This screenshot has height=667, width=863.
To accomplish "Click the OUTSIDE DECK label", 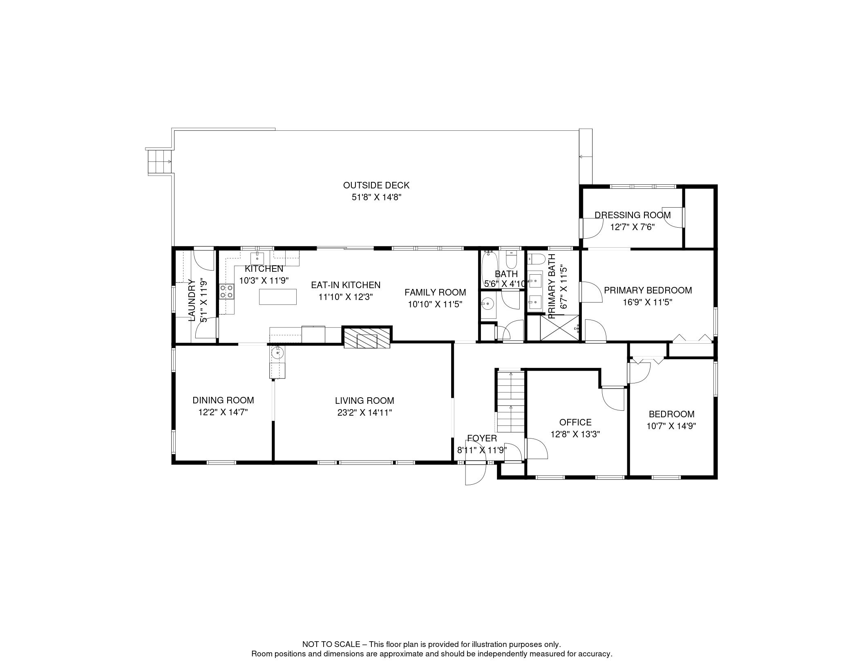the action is (376, 185).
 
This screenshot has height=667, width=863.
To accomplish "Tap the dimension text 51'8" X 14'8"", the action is (376, 197).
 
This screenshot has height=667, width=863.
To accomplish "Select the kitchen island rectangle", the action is (278, 296).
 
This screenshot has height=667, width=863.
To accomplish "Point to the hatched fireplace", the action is (367, 339).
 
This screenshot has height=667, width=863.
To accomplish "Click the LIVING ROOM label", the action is (364, 401).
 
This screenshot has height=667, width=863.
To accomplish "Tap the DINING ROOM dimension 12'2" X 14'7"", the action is (223, 412).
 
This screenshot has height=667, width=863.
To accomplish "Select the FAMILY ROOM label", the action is (435, 292).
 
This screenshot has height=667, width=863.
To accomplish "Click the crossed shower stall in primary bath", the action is (559, 327).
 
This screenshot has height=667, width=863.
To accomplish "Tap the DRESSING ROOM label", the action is (633, 215).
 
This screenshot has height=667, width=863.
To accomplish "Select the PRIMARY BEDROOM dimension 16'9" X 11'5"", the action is (648, 302).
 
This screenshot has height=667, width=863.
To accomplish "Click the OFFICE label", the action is (575, 422).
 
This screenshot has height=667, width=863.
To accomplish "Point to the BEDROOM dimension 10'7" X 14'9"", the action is (671, 426).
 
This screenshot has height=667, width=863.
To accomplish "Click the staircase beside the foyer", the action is (510, 401).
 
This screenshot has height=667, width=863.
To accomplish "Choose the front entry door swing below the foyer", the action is (475, 473).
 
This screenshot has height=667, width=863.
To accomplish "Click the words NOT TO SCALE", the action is (331, 644).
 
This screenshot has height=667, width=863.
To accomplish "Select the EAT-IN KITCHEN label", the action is (346, 285).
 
